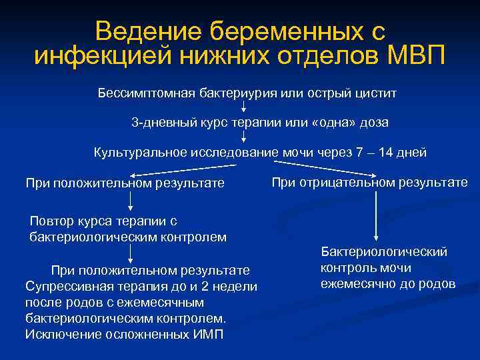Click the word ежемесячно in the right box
pyautogui.click(x=355, y=284)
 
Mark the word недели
pyautogui.click(x=237, y=286)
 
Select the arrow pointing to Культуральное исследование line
pyautogui.click(x=243, y=137)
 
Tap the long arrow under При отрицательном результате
pyautogui.click(x=377, y=213)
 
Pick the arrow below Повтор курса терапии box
pyautogui.click(x=129, y=252)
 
